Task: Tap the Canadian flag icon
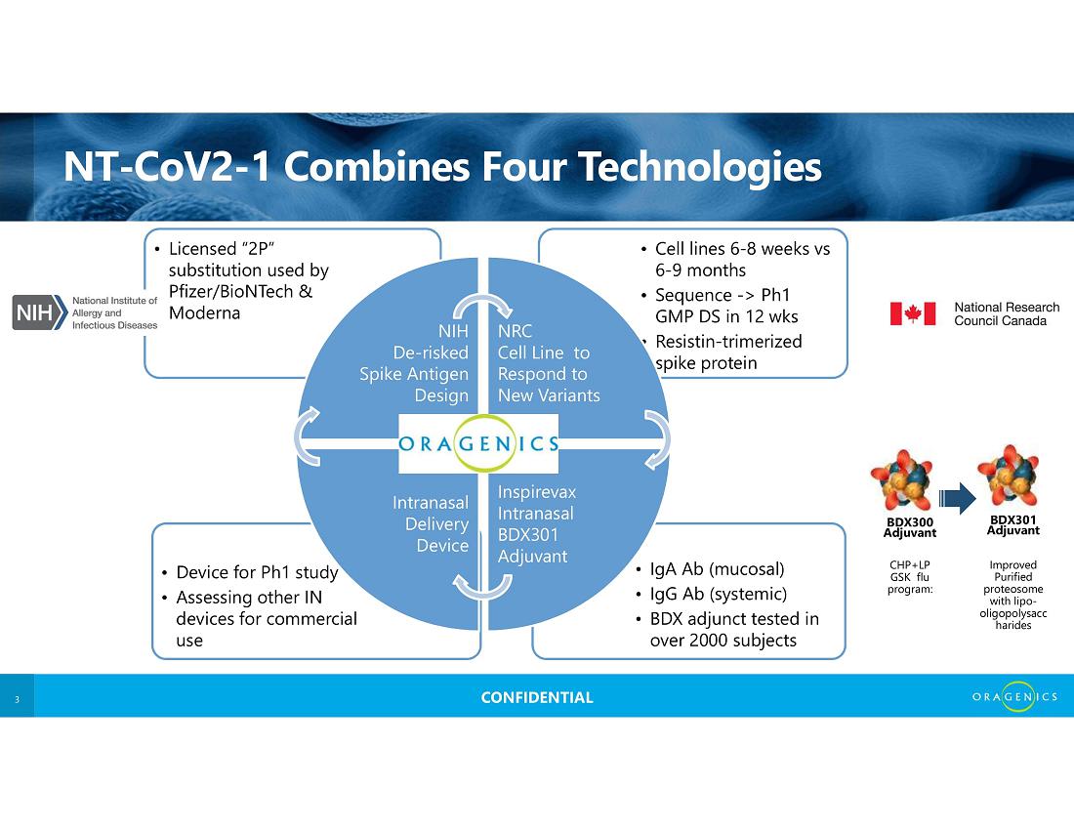click(912, 313)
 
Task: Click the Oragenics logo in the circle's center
click(478, 443)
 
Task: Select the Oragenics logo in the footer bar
click(1014, 696)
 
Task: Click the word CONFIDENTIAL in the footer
click(537, 697)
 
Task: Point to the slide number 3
click(18, 699)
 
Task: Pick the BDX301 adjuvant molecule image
click(1009, 477)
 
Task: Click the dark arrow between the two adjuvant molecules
click(957, 498)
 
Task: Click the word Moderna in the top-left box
click(204, 313)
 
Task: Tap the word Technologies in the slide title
click(699, 166)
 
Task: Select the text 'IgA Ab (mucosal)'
click(717, 569)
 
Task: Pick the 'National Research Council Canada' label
click(1007, 313)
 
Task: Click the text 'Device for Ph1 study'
click(257, 572)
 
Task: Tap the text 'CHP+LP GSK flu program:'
click(910, 577)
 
